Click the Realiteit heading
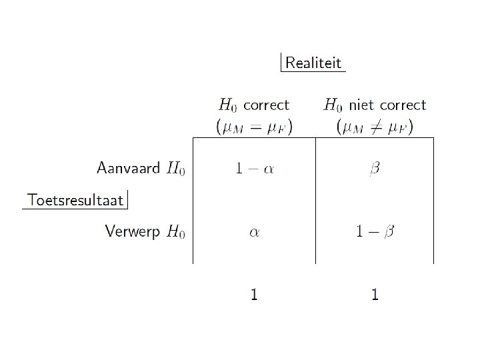pos(313,63)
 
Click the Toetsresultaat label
pos(75,199)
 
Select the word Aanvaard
pos(129,167)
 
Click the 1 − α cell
pos(254,169)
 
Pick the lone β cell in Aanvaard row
pos(375,169)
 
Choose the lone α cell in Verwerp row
pos(253,232)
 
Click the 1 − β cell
pos(375,231)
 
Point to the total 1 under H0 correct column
pos(253,293)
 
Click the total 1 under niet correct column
pos(375,293)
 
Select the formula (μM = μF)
pos(254,126)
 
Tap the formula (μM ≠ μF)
pos(375,126)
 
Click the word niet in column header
pos(361,105)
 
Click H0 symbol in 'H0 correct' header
pos(228,105)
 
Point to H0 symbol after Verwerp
pos(176,232)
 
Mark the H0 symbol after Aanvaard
pos(176,169)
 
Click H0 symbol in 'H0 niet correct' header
pos(333,105)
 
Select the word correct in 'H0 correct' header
pos(266,105)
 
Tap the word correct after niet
pos(403,105)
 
